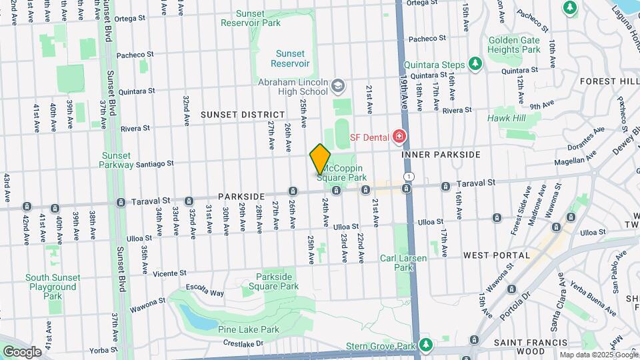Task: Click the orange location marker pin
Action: [x=320, y=159]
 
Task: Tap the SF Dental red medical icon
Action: [x=399, y=137]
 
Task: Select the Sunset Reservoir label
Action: [x=290, y=59]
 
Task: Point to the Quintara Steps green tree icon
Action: [x=475, y=64]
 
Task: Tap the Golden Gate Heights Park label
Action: [x=513, y=45]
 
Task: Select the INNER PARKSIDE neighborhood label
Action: [x=441, y=155]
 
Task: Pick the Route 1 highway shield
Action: [x=408, y=177]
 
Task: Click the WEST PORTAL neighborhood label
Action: [x=497, y=255]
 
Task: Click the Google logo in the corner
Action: [x=21, y=351]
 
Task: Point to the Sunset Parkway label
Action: [x=117, y=160]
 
